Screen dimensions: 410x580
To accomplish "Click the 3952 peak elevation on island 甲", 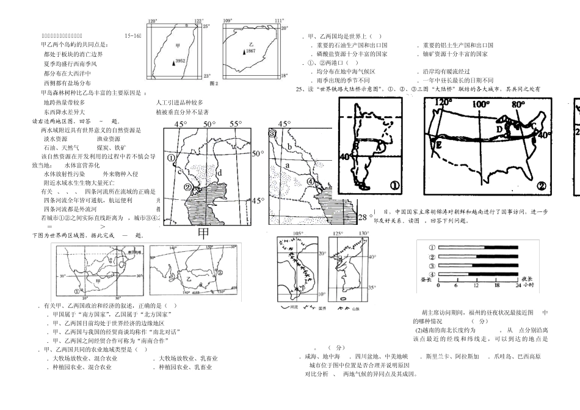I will [181, 61].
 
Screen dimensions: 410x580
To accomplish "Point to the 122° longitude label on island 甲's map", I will [198, 21].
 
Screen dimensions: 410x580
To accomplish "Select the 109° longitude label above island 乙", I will [228, 21].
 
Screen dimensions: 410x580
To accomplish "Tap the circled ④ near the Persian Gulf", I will [310, 181].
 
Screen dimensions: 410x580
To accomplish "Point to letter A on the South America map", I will [379, 147].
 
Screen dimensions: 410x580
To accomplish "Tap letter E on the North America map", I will [438, 145].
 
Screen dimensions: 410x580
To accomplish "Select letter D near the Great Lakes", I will [499, 129].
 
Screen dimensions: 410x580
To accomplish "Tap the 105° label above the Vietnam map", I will [298, 233].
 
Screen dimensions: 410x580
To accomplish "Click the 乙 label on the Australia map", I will [189, 277].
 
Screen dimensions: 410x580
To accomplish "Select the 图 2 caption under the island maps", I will [214, 82].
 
